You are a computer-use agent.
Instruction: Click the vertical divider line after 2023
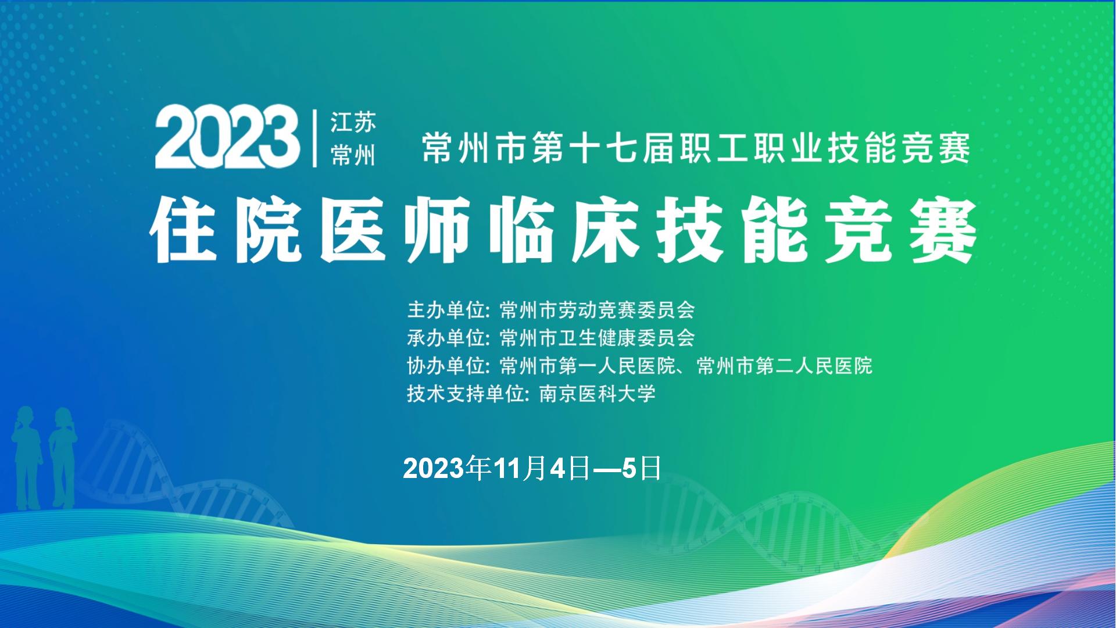click(315, 138)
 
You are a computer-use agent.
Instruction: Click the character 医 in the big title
click(355, 229)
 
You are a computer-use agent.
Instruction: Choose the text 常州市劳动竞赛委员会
click(597, 310)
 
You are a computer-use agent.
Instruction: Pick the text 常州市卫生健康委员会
click(597, 338)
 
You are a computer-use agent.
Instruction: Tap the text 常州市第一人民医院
click(587, 366)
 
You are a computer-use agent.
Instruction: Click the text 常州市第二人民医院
click(784, 366)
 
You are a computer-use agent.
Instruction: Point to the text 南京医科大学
click(598, 394)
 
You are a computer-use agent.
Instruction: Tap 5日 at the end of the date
click(642, 469)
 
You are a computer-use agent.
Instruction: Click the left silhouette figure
click(27, 457)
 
